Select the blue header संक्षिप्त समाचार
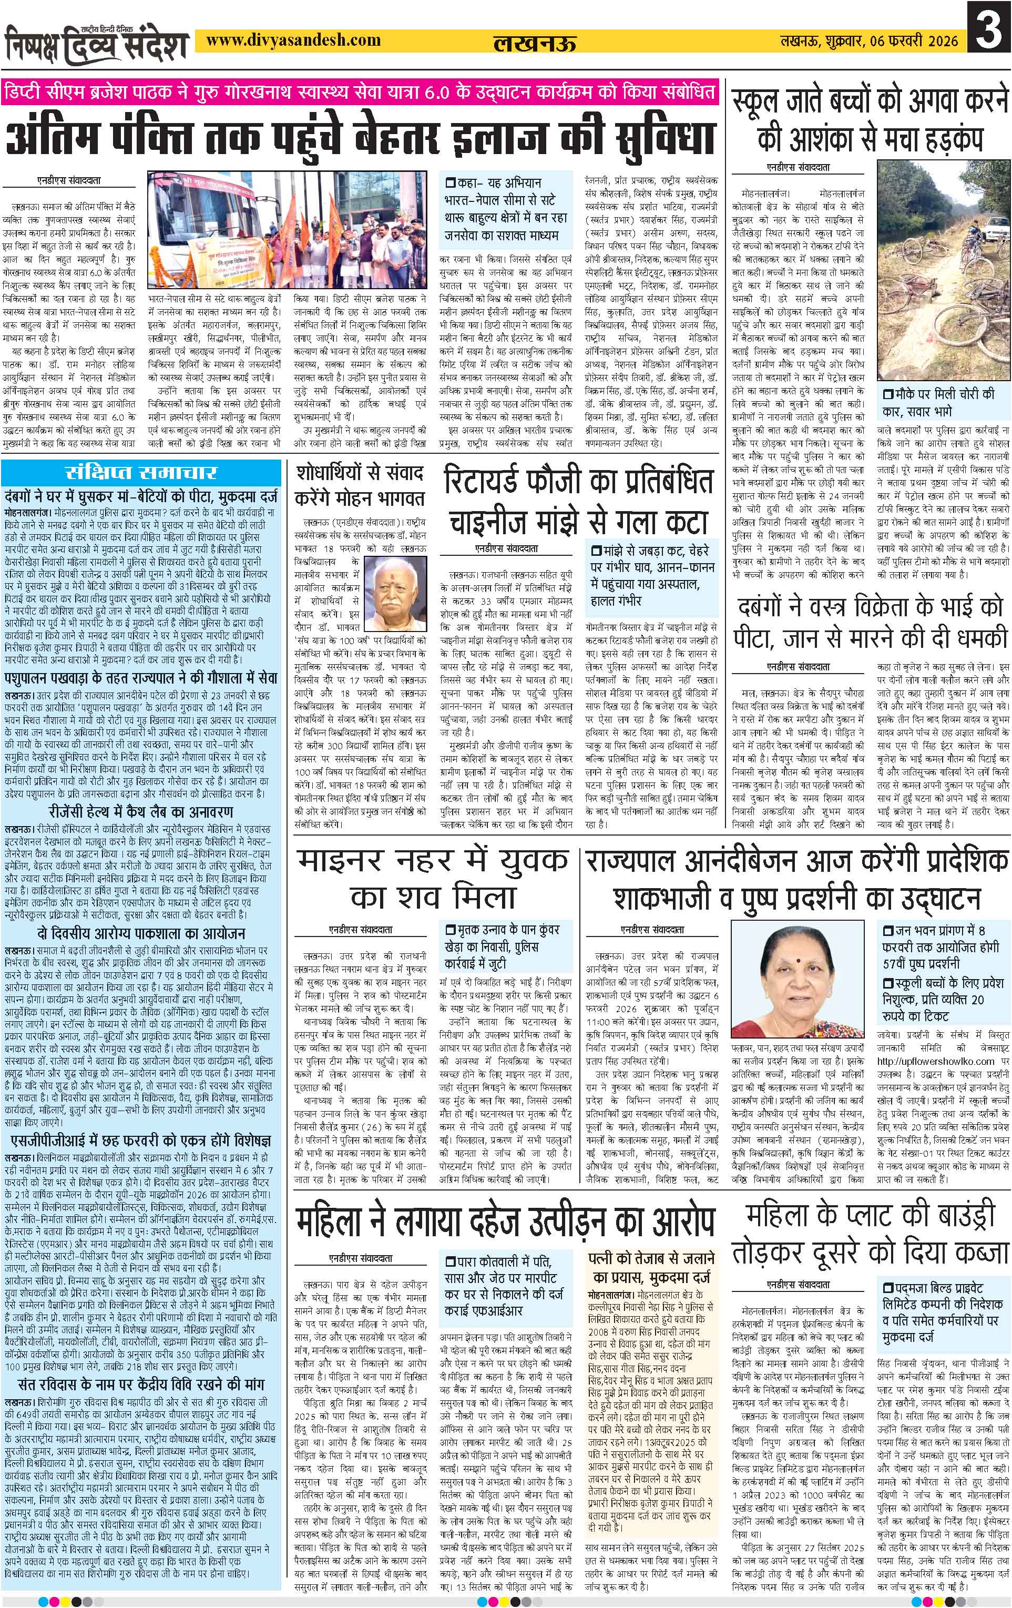coord(140,473)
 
